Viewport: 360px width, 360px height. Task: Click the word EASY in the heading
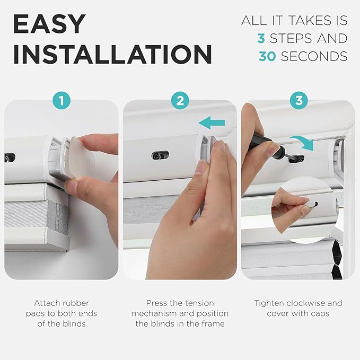(x=49, y=24)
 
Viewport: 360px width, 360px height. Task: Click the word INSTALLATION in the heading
(x=112, y=55)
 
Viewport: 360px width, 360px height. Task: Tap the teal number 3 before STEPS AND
(x=261, y=38)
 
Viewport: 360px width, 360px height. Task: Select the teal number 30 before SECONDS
(x=268, y=56)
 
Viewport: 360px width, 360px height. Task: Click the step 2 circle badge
(x=180, y=100)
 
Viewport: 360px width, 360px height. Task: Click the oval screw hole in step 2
(x=160, y=155)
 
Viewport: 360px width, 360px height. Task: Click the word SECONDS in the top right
(x=314, y=56)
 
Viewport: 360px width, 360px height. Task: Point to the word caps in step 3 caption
(x=320, y=313)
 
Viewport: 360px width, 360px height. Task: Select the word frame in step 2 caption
(x=213, y=323)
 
